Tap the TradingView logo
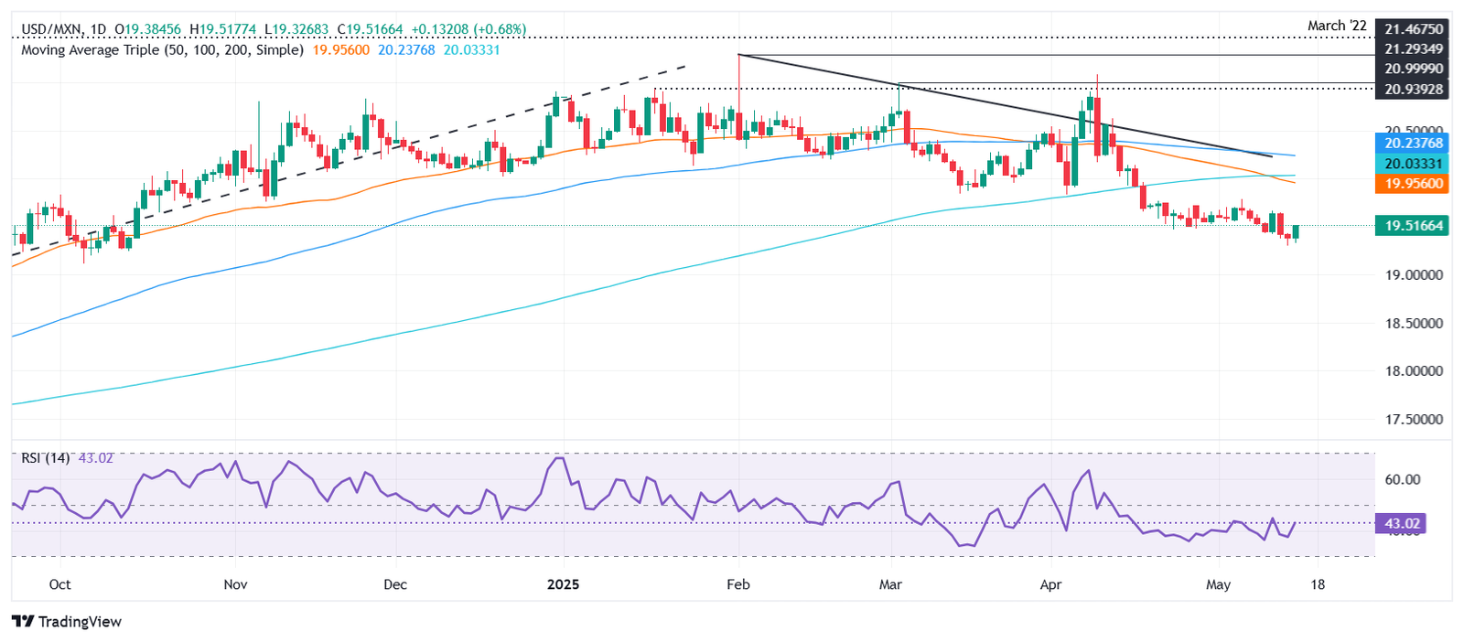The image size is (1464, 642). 68,622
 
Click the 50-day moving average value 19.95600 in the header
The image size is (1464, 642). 341,49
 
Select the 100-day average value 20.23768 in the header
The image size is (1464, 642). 406,49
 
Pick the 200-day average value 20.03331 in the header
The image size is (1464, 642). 472,49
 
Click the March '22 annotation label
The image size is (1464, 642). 1337,26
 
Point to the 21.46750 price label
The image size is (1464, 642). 1414,29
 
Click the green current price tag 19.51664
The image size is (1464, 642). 1412,226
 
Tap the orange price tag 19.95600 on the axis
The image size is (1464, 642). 1412,184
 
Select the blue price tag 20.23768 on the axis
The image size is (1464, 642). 1412,144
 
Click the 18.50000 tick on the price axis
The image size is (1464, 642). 1414,323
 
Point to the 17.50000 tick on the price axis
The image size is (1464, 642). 1414,419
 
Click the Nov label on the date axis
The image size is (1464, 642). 235,584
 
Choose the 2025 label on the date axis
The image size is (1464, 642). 563,584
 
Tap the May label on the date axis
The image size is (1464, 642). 1218,584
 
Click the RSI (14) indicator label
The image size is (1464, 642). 46,457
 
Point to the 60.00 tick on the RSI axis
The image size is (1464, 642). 1402,479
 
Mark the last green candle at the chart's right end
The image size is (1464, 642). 1296,232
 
